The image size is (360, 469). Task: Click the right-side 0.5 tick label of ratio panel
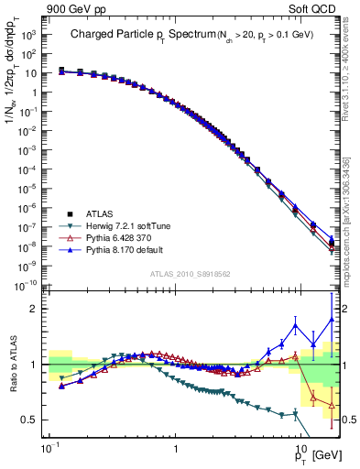pos(347,420)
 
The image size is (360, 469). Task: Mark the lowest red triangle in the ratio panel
pos(331,404)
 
